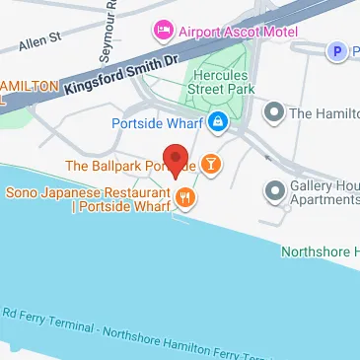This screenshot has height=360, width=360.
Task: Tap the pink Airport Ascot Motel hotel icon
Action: [162, 32]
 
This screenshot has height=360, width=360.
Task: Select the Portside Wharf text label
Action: [159, 123]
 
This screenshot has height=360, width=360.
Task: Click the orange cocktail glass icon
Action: [211, 164]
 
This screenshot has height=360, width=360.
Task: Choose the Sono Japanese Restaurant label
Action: [90, 200]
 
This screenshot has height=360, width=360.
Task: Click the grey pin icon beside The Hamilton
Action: [275, 113]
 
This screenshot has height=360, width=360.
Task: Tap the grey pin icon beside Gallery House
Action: [276, 188]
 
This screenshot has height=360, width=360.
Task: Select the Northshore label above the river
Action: [320, 251]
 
